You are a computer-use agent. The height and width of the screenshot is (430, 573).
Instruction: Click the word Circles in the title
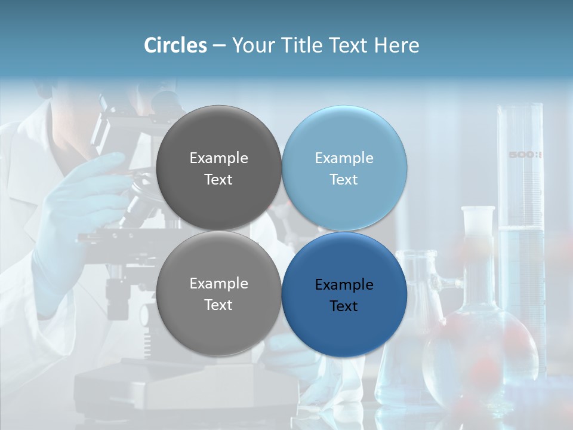pyautogui.click(x=175, y=45)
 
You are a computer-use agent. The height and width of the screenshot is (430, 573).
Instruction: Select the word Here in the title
pyautogui.click(x=397, y=45)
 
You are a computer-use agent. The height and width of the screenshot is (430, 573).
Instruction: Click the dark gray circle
pyautogui.click(x=218, y=168)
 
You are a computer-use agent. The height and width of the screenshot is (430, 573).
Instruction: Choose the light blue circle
pyautogui.click(x=344, y=168)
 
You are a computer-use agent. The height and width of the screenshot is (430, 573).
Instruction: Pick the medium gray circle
pyautogui.click(x=218, y=293)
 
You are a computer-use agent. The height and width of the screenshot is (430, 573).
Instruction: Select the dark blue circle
pyautogui.click(x=344, y=294)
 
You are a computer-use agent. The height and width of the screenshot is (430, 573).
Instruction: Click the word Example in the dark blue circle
pyautogui.click(x=344, y=284)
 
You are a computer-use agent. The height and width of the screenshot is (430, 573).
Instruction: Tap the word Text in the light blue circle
pyautogui.click(x=344, y=179)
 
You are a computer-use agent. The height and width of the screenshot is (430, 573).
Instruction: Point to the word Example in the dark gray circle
pyautogui.click(x=218, y=158)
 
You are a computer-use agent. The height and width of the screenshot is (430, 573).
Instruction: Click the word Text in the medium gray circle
pyautogui.click(x=218, y=305)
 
